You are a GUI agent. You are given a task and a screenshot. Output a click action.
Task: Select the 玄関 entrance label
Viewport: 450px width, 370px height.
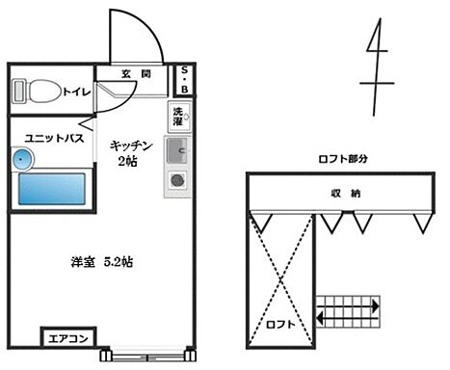point(135,74)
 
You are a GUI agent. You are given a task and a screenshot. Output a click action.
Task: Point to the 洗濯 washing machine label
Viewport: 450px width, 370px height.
point(178,117)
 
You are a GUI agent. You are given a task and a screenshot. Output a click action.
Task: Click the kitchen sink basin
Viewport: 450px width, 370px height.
point(178,150)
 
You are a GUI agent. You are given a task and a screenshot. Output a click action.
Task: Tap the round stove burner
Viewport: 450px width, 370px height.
point(178,179)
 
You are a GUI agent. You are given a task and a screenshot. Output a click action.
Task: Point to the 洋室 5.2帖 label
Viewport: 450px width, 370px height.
point(102,262)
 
